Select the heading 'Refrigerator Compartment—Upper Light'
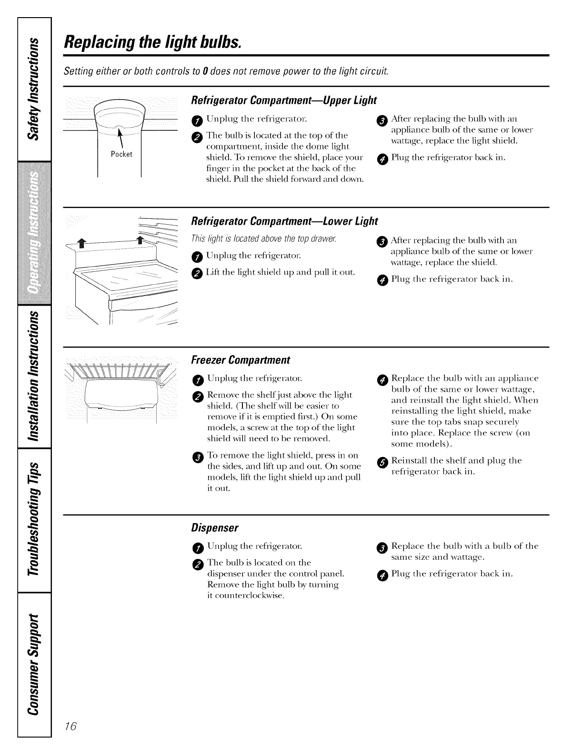coord(283,100)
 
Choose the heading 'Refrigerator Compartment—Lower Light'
coord(284,221)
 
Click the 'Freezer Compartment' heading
coord(241,359)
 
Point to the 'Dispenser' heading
coord(214,528)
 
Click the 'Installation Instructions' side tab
coord(33,378)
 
